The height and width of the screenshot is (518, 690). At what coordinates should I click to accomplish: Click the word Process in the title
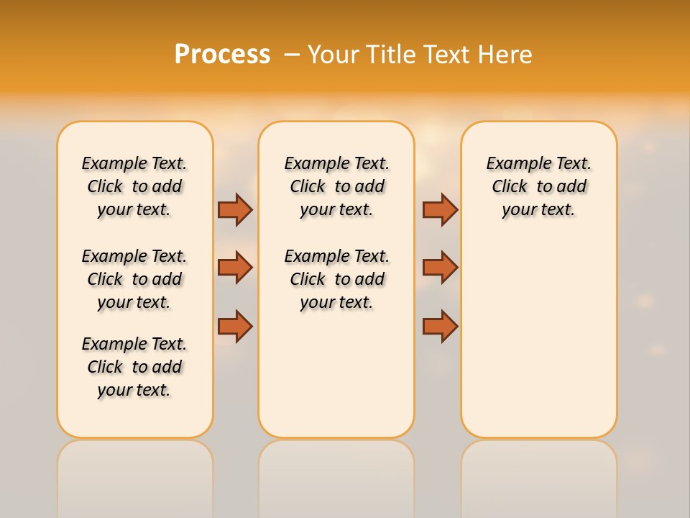coord(222,55)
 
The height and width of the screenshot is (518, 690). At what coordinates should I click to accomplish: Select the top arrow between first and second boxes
coord(235,209)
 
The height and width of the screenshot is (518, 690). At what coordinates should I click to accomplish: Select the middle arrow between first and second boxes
coord(235,268)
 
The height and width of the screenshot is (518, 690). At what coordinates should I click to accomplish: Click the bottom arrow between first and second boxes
coord(235,326)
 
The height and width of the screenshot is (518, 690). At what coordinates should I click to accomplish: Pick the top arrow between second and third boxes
coord(440,209)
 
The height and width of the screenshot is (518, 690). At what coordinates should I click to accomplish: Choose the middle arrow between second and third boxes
coord(440,268)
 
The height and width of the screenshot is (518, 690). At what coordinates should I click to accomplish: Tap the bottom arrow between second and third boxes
coord(440,326)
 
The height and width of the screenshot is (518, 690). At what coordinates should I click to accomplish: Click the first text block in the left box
coord(134,186)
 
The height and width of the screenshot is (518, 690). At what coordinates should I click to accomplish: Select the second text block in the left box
coord(134,279)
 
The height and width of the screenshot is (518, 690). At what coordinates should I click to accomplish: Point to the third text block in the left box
coord(134,367)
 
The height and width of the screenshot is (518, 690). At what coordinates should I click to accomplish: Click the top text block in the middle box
coord(336,186)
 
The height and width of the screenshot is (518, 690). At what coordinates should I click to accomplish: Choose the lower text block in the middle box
coord(336,279)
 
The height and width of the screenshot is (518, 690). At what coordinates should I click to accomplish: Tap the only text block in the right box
coord(538,186)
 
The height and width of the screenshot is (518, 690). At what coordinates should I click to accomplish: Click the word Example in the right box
coord(512,164)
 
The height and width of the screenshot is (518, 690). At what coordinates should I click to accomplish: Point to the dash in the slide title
coord(292,55)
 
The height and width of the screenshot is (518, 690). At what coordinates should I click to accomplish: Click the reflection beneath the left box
coord(135,475)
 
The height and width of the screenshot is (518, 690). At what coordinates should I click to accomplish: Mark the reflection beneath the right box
coord(538,475)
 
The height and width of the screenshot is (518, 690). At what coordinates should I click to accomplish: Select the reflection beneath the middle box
coord(336,475)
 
